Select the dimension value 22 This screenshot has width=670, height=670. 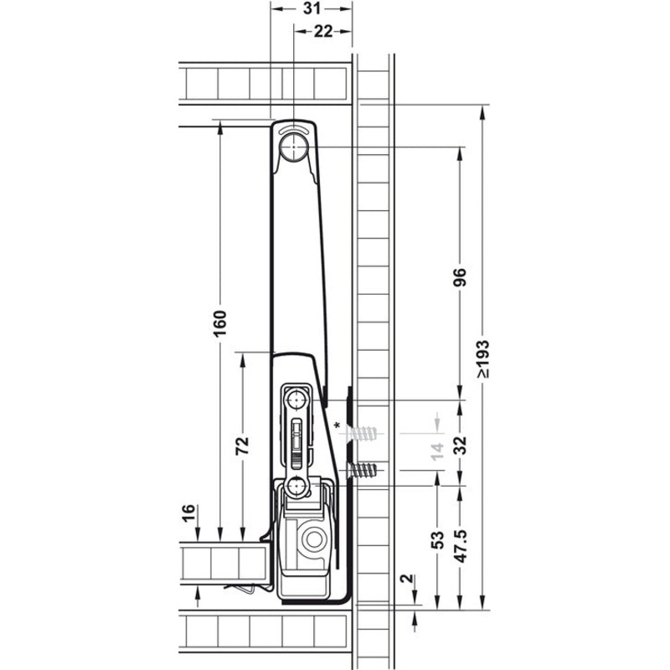(322, 31)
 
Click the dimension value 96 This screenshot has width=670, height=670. (460, 277)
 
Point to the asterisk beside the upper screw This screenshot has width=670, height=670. (338, 426)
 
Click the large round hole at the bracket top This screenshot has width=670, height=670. (294, 150)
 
